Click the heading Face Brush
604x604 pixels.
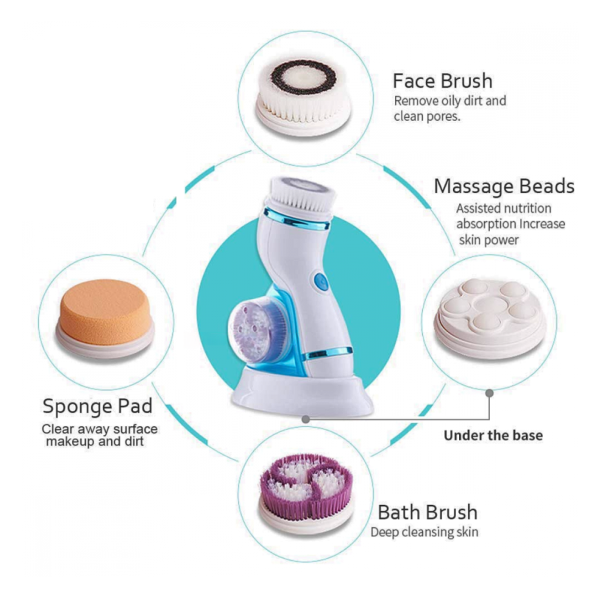coord(443,81)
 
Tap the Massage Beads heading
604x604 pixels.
coord(504,187)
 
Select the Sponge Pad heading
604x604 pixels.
coord(97,406)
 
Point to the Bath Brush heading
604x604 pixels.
coord(428,512)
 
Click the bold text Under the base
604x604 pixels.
coord(493,435)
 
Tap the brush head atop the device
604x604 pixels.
coord(301,194)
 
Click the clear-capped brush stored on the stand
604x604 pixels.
coord(256,329)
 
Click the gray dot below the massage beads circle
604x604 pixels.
coord(490,393)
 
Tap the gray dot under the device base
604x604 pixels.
coord(306,419)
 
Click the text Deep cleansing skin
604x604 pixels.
coord(425,532)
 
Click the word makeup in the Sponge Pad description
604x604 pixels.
coord(71,442)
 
